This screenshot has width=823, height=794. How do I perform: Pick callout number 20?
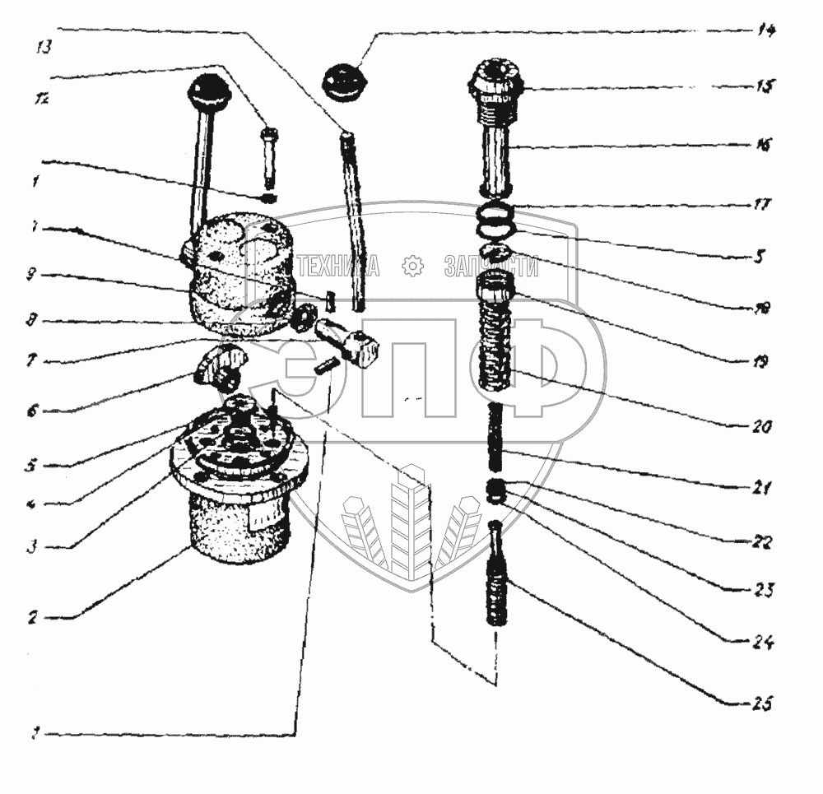point(762,426)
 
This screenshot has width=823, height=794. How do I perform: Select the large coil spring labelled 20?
point(495,344)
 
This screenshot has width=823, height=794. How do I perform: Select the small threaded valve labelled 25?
point(497,580)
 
